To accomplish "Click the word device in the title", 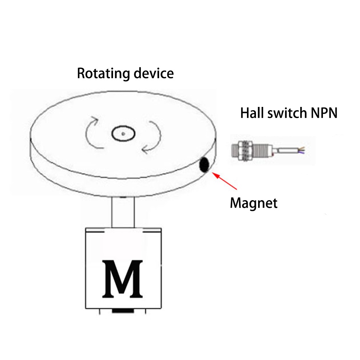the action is click(x=154, y=73).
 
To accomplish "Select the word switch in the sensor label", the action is click(x=287, y=113).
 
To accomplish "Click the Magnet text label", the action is click(x=254, y=203).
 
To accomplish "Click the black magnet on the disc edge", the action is click(x=204, y=165).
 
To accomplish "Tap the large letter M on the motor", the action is click(x=123, y=279).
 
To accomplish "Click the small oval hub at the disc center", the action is click(x=123, y=133).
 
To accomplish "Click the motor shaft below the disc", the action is click(x=123, y=212).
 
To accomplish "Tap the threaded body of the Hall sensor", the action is click(x=261, y=150).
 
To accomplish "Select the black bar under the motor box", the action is click(x=123, y=311).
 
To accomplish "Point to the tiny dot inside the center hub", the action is click(x=123, y=134).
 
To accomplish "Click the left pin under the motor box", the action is click(x=100, y=311).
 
